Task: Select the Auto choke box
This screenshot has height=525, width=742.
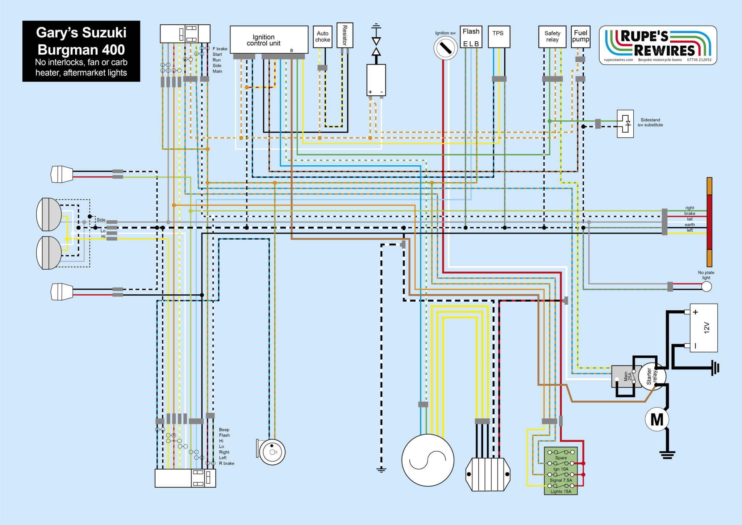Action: (x=322, y=37)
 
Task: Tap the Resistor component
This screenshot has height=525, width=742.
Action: (x=345, y=35)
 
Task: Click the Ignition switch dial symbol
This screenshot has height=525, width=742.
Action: (x=446, y=48)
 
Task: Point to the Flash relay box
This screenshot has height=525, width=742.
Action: (x=471, y=37)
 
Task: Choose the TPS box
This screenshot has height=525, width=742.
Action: (x=499, y=37)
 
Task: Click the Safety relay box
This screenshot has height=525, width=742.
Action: (x=552, y=37)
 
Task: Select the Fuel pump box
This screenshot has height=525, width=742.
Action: (x=580, y=37)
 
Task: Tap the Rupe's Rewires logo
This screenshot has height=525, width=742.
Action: (x=658, y=45)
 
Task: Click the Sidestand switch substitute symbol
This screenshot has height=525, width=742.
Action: (x=625, y=124)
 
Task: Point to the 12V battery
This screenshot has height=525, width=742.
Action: (x=704, y=328)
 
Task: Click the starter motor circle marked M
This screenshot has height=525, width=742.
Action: (x=657, y=419)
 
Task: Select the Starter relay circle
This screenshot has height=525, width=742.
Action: (x=652, y=376)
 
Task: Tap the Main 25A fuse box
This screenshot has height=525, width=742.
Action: (x=626, y=376)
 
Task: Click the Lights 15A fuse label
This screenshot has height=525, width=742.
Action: (x=561, y=492)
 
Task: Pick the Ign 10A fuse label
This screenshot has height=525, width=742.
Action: (x=561, y=469)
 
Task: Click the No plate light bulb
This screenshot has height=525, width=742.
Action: (x=706, y=286)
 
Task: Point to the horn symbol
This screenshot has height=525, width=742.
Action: (x=271, y=452)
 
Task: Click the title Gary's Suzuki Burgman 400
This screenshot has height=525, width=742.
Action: (x=81, y=41)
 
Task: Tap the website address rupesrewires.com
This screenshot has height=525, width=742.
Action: (x=618, y=60)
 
